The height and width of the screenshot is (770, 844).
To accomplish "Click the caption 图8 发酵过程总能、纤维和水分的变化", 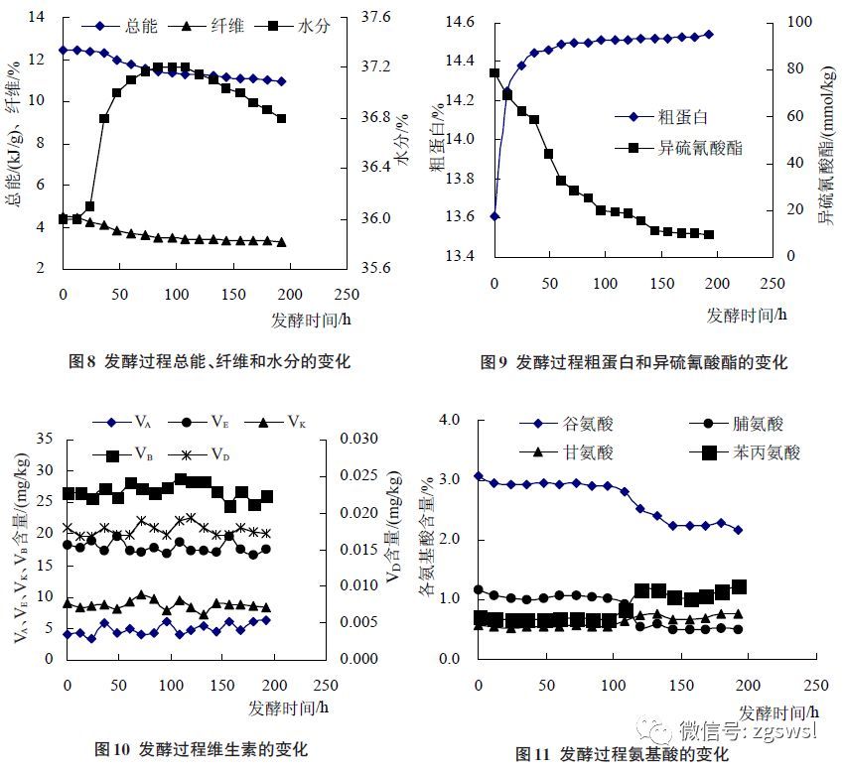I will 209,361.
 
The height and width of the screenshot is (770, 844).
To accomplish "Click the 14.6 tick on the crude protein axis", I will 458,23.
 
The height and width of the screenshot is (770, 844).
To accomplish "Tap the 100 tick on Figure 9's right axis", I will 769,23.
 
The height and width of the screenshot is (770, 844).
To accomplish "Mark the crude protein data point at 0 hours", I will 494,215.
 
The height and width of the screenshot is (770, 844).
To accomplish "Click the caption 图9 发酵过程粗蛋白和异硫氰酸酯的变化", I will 633,362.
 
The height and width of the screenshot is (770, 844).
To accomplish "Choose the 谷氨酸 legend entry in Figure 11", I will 588,424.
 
